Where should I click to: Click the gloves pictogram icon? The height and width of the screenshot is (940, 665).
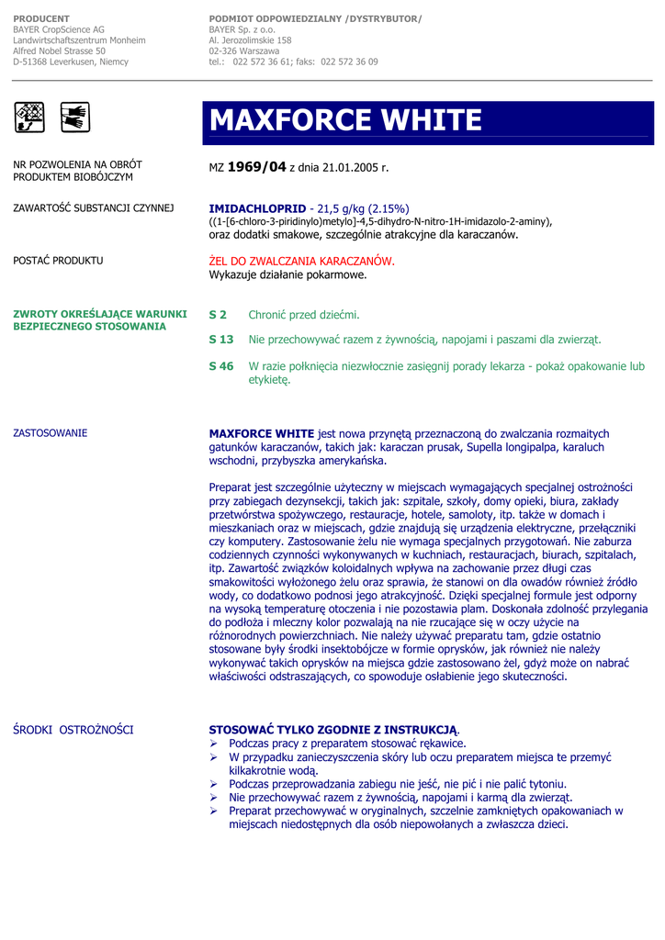[73, 116]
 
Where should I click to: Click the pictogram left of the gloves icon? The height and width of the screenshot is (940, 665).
[29, 116]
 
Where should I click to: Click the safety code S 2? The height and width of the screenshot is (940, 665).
[218, 315]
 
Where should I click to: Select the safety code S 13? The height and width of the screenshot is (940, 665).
[221, 340]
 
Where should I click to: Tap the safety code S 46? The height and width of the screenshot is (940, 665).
[221, 366]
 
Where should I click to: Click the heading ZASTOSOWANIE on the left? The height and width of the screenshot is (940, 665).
[51, 432]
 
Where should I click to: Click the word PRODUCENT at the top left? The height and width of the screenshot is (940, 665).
[41, 18]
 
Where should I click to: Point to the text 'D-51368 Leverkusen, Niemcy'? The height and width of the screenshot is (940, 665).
[71, 62]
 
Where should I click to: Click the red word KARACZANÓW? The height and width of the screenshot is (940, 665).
[349, 262]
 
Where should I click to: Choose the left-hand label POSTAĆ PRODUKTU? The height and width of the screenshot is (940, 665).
[58, 261]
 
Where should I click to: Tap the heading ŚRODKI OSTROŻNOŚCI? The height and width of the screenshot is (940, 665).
[73, 730]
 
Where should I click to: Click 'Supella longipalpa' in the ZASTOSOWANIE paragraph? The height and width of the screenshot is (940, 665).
[509, 448]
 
